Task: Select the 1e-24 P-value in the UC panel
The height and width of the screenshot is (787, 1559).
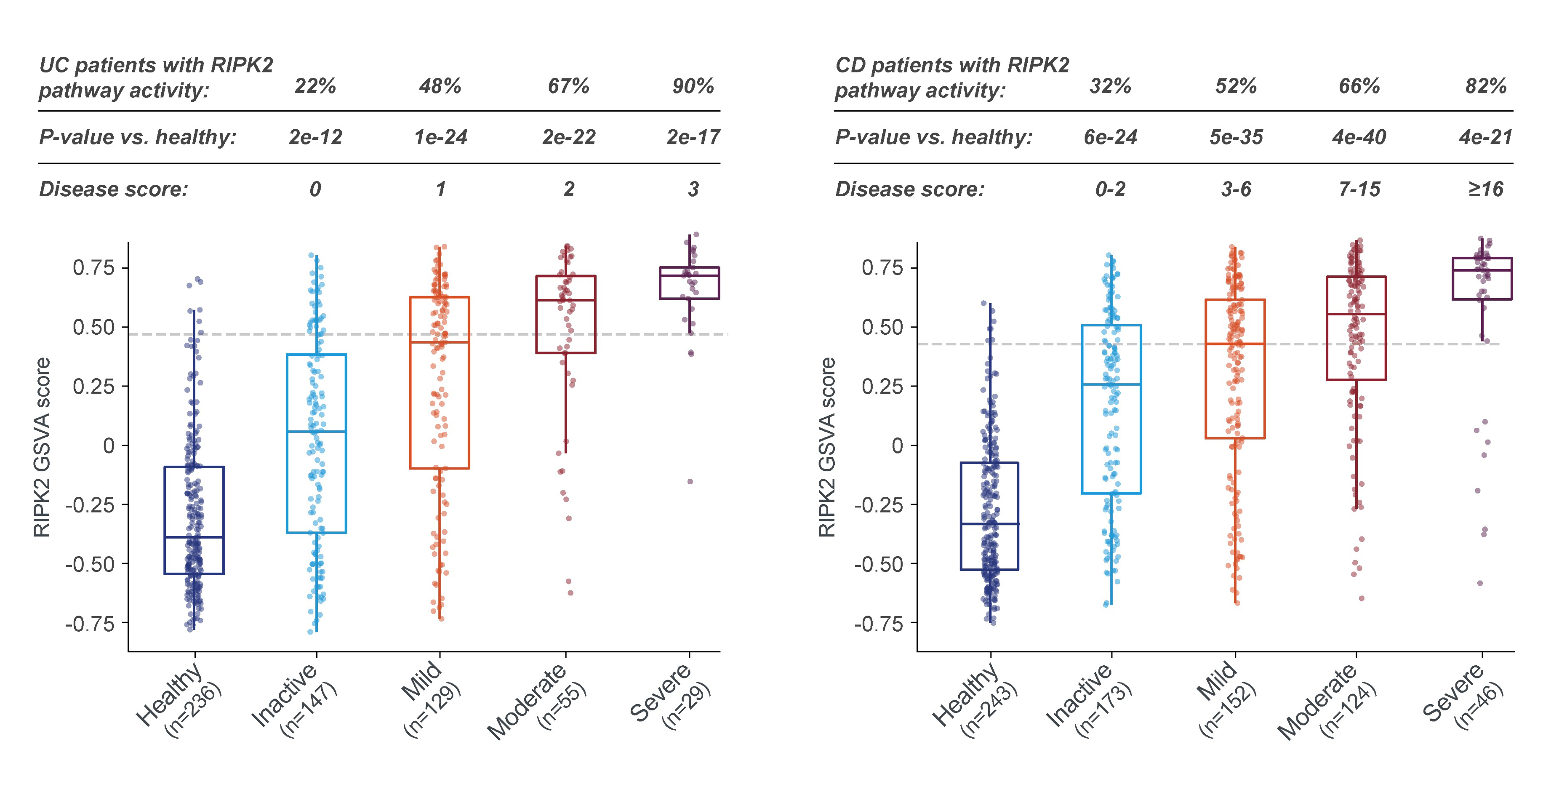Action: click(440, 137)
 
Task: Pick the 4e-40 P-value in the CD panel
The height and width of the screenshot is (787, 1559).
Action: click(1359, 137)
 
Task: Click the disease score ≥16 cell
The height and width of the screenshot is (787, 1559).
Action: click(1486, 189)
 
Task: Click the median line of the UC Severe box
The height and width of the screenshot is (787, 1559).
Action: click(689, 276)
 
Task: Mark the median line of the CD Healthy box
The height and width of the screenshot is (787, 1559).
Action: click(989, 524)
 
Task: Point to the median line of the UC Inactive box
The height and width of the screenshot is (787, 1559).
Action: click(316, 432)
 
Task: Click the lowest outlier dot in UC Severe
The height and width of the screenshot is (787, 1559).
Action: click(690, 481)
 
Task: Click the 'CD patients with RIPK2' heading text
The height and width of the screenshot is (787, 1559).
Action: click(952, 65)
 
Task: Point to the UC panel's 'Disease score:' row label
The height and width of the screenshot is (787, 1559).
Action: click(114, 189)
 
